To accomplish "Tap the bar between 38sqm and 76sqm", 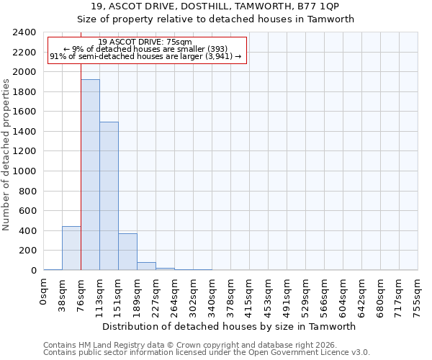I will (71, 248).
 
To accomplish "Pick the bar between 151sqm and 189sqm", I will (127, 252).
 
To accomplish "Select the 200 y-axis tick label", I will (27, 251).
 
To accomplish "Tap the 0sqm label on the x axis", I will (43, 291).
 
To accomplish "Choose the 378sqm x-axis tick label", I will (230, 294).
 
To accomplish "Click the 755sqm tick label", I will (418, 294).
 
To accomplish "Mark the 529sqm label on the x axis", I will (305, 294).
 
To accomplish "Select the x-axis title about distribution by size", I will (230, 326).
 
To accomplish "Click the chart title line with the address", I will (216, 6).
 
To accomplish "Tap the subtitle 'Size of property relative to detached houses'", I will (216, 19).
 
